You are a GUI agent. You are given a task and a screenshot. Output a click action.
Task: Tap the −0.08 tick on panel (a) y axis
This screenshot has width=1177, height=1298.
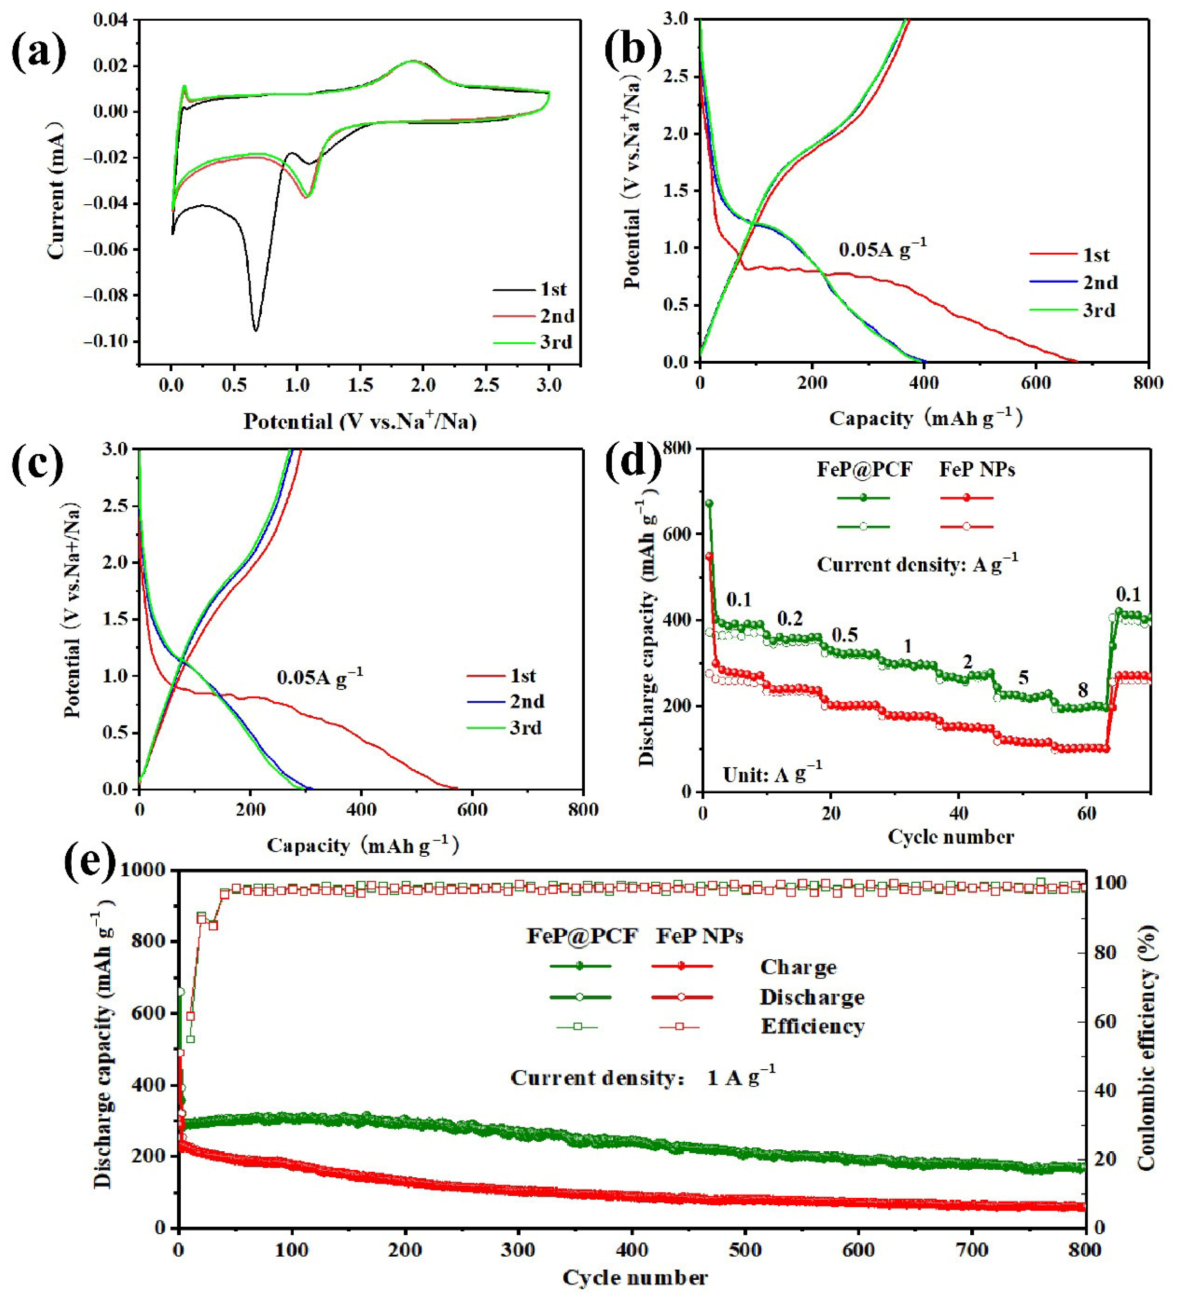click(110, 296)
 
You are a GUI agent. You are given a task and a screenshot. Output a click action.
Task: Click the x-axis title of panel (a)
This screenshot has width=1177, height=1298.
click(360, 421)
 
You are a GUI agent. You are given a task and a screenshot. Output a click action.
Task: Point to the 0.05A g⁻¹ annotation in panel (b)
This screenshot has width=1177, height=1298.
click(882, 248)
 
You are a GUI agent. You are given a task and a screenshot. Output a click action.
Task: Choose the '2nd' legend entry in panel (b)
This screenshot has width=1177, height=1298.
click(1100, 283)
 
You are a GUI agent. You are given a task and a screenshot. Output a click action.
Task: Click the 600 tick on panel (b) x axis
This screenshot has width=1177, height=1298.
click(1036, 383)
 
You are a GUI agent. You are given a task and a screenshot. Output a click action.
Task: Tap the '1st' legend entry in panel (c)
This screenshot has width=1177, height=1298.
click(523, 676)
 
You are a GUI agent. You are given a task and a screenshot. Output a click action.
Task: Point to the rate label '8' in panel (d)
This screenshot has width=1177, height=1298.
click(1082, 690)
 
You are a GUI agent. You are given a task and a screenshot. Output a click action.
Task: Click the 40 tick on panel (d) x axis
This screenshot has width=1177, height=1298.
click(958, 812)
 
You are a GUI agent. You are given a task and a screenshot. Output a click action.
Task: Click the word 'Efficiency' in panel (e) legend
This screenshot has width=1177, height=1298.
click(813, 1027)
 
